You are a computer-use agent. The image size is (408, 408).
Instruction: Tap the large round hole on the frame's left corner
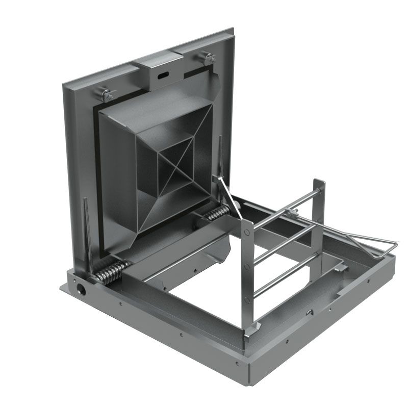click(80, 288)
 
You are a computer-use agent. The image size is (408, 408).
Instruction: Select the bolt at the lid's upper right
click(210, 59)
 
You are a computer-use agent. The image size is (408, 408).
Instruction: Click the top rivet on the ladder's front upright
click(247, 232)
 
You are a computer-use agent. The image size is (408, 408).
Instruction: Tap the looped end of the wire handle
click(390, 245)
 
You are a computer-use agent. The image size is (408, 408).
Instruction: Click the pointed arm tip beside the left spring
click(85, 202)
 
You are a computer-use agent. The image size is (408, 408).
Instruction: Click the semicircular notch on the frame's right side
click(309, 312)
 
